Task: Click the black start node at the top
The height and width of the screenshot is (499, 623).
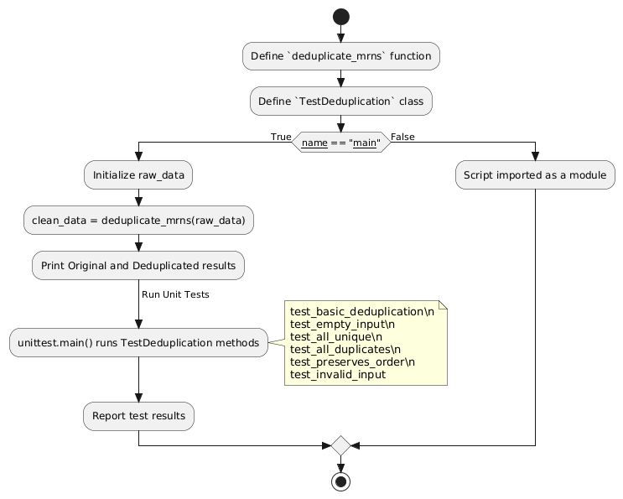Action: click(x=341, y=16)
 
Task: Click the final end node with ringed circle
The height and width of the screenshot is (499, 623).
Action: click(x=341, y=481)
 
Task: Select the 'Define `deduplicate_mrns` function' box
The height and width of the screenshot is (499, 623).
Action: click(x=341, y=56)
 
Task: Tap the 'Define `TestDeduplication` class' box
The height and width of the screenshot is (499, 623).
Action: click(x=341, y=101)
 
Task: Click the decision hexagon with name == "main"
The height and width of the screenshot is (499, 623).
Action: click(x=341, y=143)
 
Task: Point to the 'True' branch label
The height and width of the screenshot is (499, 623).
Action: click(x=280, y=137)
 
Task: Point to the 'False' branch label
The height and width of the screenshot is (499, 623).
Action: click(x=402, y=137)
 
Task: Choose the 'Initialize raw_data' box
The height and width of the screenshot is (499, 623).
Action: click(x=138, y=175)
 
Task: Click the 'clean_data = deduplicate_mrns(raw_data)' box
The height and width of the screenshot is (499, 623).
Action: click(x=138, y=220)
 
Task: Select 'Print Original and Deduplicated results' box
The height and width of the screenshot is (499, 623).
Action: click(x=138, y=264)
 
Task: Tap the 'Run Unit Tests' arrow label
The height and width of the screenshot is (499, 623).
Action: click(x=175, y=295)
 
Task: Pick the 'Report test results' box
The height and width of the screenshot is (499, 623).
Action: click(x=138, y=415)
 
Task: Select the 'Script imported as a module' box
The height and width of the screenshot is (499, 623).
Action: click(x=535, y=175)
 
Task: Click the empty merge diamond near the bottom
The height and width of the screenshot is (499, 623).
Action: click(x=341, y=445)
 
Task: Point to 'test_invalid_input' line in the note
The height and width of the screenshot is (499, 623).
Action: click(x=338, y=374)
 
